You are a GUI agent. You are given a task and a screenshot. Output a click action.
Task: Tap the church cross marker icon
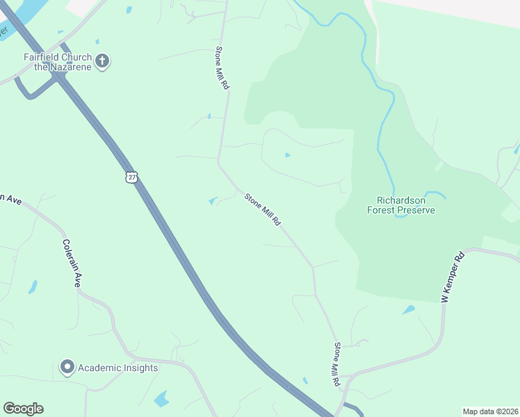click(x=102, y=61)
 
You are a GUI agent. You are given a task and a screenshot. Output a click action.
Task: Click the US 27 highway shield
click(x=131, y=177)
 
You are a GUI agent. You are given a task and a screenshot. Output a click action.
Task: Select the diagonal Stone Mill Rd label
click(x=262, y=210)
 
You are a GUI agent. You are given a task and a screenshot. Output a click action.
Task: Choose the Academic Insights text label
click(x=117, y=368)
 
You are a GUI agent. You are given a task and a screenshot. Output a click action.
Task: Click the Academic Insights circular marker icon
click(x=67, y=367)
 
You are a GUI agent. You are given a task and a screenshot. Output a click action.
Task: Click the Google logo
click(x=23, y=409)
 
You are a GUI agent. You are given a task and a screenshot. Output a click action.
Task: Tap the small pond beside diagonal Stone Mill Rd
click(x=213, y=202)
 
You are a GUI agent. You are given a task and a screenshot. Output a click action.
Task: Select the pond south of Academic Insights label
click(x=162, y=399)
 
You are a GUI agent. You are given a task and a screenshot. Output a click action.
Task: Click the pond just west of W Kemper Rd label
click(x=409, y=310)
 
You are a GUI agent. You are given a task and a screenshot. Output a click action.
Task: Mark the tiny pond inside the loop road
click(x=287, y=155)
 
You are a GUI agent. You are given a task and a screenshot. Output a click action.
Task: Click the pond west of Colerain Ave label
click(x=33, y=286)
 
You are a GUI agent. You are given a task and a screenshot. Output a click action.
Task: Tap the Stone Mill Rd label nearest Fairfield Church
click(x=222, y=66)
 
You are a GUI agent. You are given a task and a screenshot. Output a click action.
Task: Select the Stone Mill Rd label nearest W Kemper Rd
click(x=336, y=364)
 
